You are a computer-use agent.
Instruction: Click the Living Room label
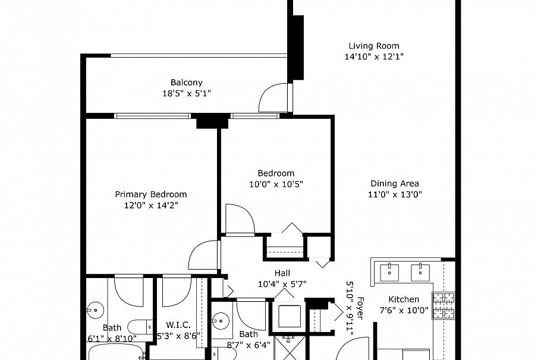point(373,46)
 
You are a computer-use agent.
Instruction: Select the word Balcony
point(187,83)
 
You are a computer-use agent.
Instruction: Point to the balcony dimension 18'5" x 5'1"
point(187,93)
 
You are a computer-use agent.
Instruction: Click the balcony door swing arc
point(272,97)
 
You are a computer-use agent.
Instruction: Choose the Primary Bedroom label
point(150,194)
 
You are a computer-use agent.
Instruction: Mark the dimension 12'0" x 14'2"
point(150,206)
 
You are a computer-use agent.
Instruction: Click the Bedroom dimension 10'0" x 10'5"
point(276,184)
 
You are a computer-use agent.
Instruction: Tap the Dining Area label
point(395,184)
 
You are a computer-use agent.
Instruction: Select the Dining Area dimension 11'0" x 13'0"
point(395,194)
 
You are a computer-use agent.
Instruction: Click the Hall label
point(282,273)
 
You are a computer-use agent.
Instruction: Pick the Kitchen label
point(404,299)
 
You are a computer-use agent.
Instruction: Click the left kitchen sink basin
point(390,272)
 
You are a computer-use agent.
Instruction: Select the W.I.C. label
point(178,325)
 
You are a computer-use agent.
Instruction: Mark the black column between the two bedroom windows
point(212,121)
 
